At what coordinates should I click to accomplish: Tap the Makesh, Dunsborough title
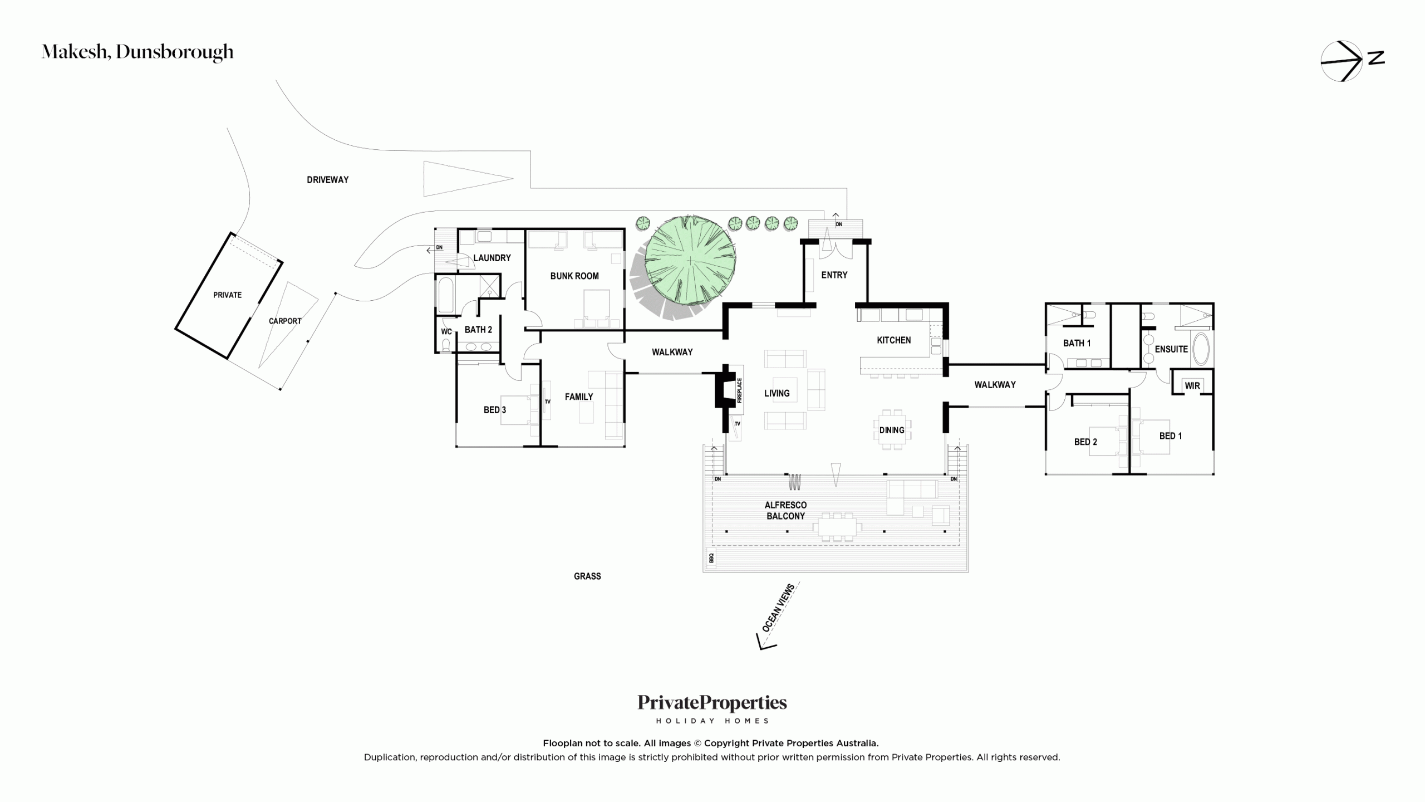tap(137, 52)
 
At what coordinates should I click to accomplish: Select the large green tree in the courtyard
tap(690, 261)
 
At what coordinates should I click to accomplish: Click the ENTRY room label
tap(834, 275)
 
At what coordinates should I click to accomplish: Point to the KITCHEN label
tap(893, 340)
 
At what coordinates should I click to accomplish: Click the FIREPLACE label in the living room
tap(740, 390)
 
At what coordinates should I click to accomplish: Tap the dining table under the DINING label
tap(892, 430)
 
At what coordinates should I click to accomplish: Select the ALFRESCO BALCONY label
tap(785, 511)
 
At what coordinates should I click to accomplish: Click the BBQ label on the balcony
tap(711, 557)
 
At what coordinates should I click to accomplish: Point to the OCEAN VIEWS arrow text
tap(778, 608)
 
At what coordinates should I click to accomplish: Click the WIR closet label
tap(1192, 385)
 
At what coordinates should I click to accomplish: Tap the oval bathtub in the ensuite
tap(1201, 349)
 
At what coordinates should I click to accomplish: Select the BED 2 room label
tap(1085, 442)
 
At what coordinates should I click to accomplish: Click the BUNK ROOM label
tap(574, 276)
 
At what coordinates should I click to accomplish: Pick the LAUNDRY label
tap(492, 258)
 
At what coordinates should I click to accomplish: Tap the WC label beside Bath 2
tap(446, 332)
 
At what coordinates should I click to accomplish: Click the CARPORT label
tap(285, 321)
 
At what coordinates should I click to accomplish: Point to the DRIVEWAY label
tap(327, 180)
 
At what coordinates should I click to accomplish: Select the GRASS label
tap(587, 576)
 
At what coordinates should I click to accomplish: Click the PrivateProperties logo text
tap(712, 703)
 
